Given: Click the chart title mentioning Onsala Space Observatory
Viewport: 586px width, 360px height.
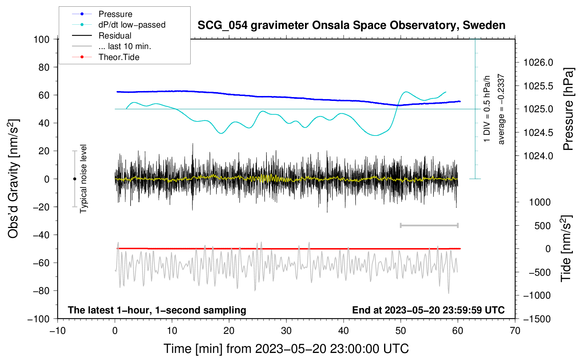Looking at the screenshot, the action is coord(351,25).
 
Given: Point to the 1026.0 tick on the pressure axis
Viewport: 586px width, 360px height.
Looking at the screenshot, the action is coord(538,62).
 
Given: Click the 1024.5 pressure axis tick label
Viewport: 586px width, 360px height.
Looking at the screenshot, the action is coord(538,133).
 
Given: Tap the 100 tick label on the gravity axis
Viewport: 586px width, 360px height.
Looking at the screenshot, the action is coord(42,40).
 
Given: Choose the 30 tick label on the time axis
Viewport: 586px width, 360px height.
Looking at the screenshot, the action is coord(286,331).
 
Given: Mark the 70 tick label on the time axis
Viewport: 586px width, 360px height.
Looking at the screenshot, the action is coord(515,331).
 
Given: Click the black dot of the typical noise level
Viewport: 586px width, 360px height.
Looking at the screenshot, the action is coord(74,179).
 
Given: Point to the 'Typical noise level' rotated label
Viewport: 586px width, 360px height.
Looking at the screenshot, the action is coord(83,179).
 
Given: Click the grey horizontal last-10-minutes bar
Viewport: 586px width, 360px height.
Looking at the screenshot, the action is coord(429,226).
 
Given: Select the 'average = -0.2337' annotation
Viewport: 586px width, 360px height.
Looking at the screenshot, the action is coord(501,109).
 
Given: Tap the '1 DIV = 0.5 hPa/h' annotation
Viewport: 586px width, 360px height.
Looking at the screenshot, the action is coord(486,109).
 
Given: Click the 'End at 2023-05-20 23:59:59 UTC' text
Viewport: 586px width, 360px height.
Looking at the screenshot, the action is coord(428,310).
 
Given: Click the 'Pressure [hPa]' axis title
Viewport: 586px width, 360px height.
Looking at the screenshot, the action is coord(568,109).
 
